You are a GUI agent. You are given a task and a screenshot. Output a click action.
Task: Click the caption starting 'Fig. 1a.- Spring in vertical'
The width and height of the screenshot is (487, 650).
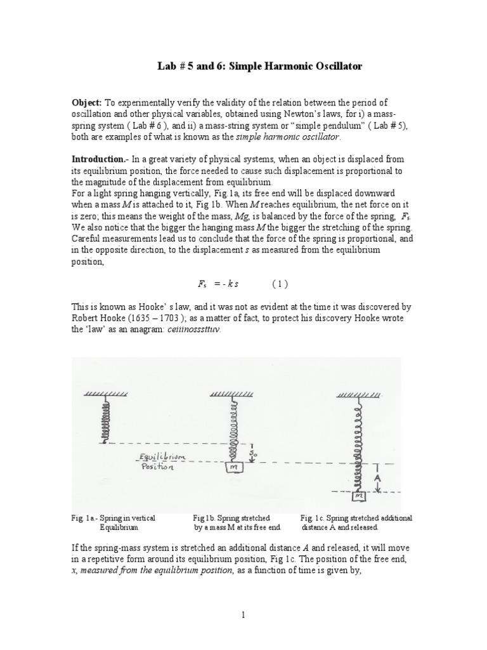coord(113,522)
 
